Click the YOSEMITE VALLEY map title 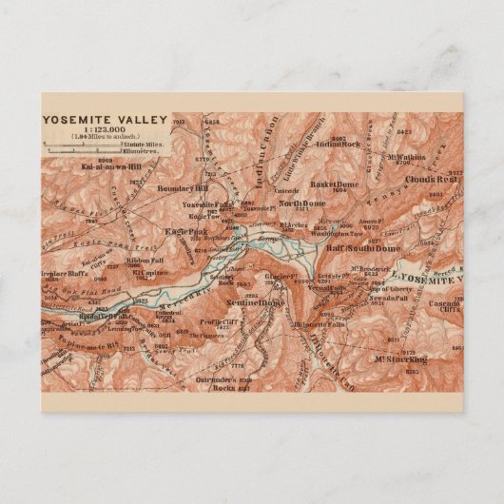point(105,120)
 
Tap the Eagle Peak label point(184,232)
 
